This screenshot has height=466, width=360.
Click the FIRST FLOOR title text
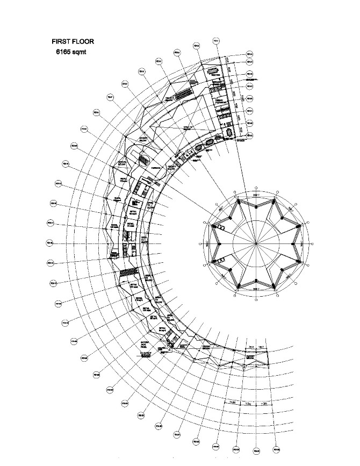[x=73, y=41]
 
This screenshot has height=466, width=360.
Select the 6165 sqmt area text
[x=71, y=52]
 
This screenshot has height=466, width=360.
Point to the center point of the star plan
[x=256, y=243]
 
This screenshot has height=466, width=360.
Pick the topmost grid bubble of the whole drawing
[x=216, y=41]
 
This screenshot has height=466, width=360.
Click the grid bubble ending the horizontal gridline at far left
[x=49, y=243]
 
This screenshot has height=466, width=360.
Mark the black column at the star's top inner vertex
[x=256, y=206]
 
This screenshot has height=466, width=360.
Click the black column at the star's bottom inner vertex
[x=256, y=281]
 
